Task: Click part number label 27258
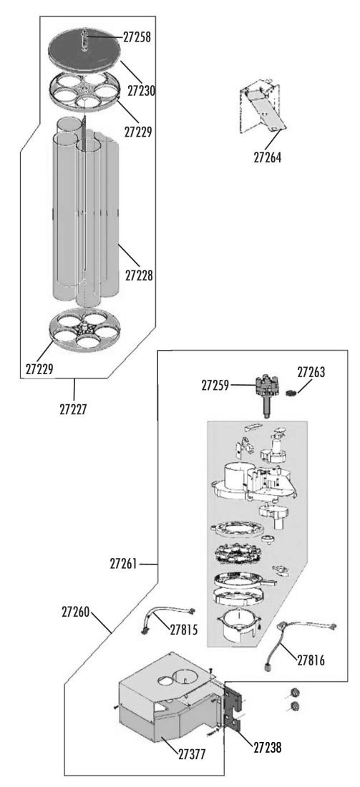tap(137, 37)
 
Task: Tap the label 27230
tap(141, 91)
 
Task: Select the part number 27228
tap(139, 275)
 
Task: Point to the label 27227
tap(74, 409)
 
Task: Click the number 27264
tap(268, 157)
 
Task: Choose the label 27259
tap(216, 386)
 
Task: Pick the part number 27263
tap(311, 373)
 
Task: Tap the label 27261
tap(124, 564)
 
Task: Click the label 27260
tap(77, 612)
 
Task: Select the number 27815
tap(184, 630)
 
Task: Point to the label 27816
tap(311, 660)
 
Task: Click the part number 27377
tap(191, 754)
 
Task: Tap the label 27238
tap(267, 748)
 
